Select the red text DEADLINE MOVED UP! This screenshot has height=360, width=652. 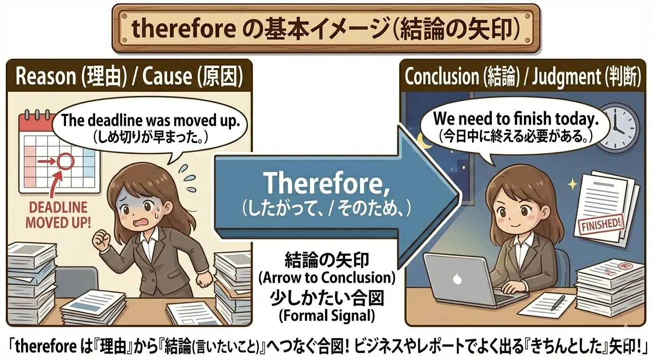(58, 215)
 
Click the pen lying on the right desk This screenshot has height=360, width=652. (557, 302)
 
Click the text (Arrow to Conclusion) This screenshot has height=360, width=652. (326, 277)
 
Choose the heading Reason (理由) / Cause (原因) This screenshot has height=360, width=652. (129, 77)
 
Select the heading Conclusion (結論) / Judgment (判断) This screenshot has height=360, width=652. (522, 77)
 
